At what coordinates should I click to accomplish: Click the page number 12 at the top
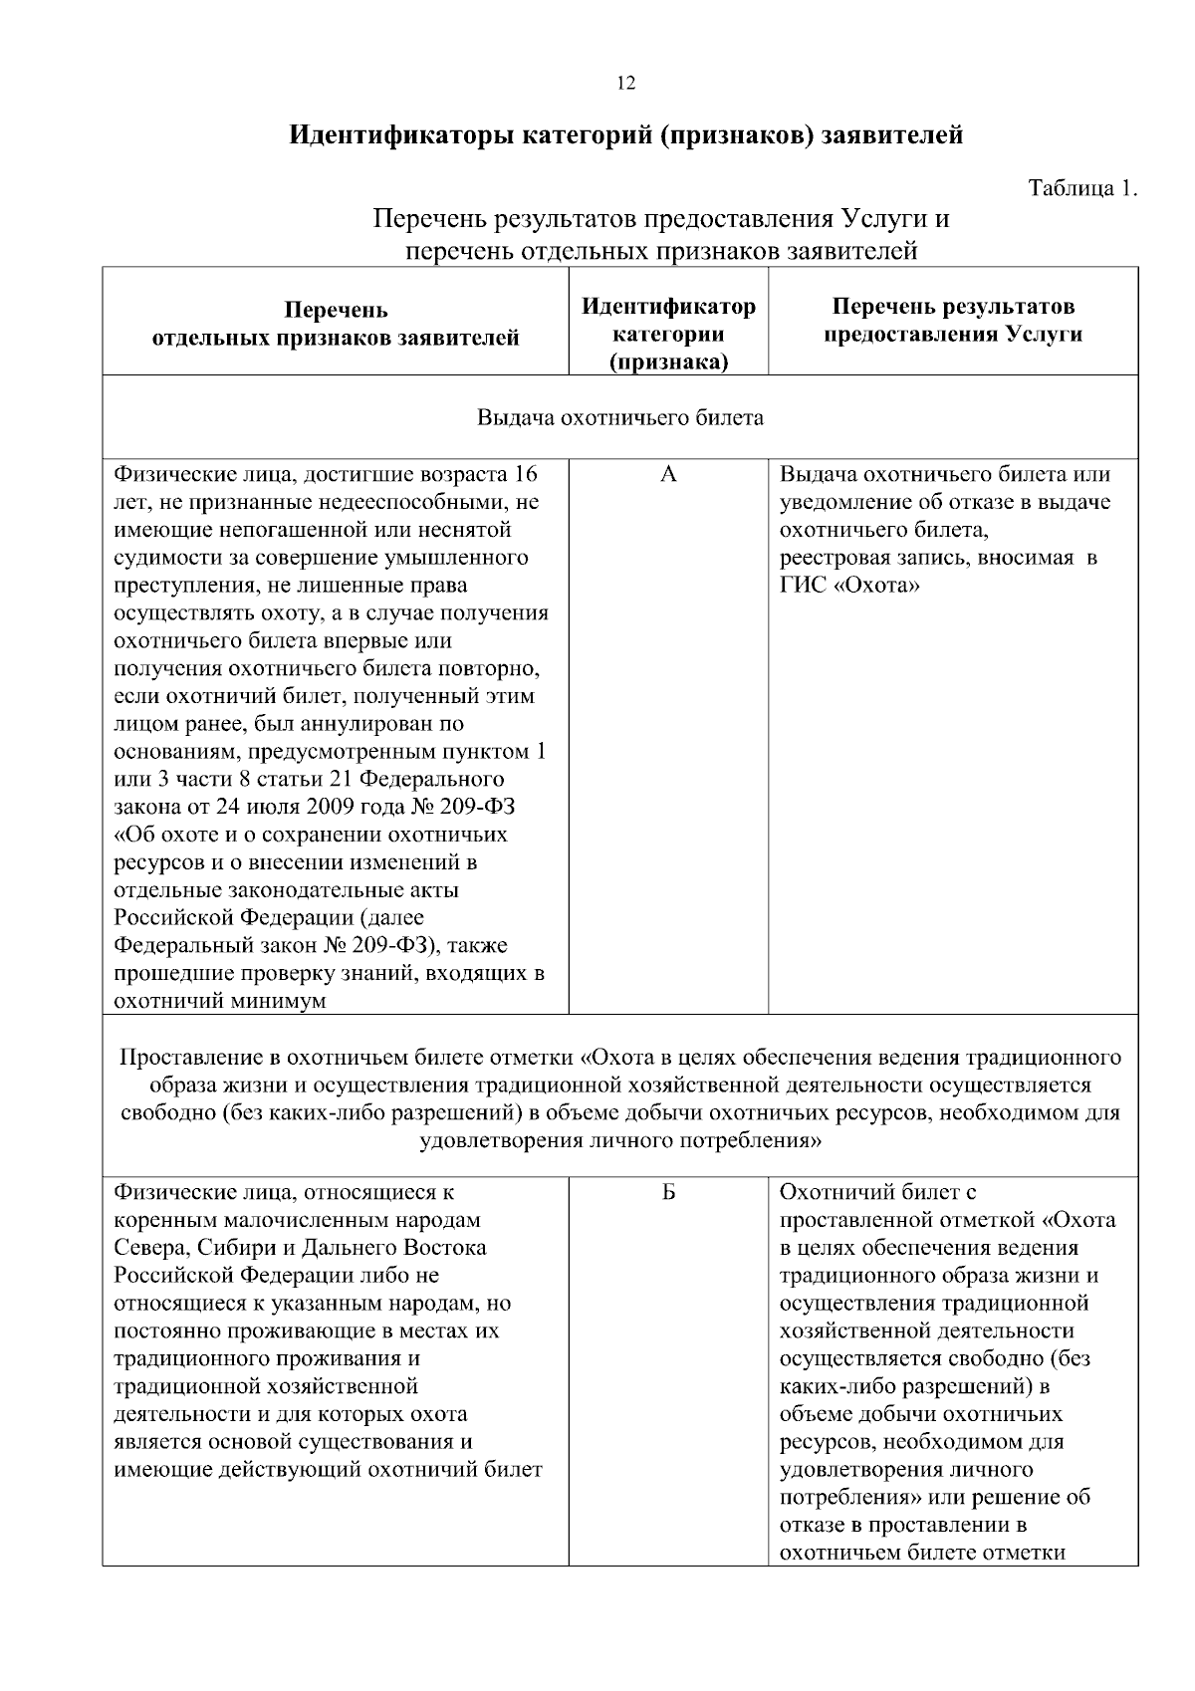click(x=625, y=84)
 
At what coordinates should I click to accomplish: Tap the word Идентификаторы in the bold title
click(x=402, y=135)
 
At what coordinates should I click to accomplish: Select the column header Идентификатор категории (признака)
click(x=668, y=335)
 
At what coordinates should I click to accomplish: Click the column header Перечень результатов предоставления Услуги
click(x=952, y=321)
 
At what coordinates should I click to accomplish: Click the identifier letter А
click(x=668, y=475)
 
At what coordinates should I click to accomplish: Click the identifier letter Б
click(x=668, y=1193)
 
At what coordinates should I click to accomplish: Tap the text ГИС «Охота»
click(x=849, y=586)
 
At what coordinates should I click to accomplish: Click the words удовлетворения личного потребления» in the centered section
click(x=620, y=1140)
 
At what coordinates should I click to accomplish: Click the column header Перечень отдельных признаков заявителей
click(x=336, y=325)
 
